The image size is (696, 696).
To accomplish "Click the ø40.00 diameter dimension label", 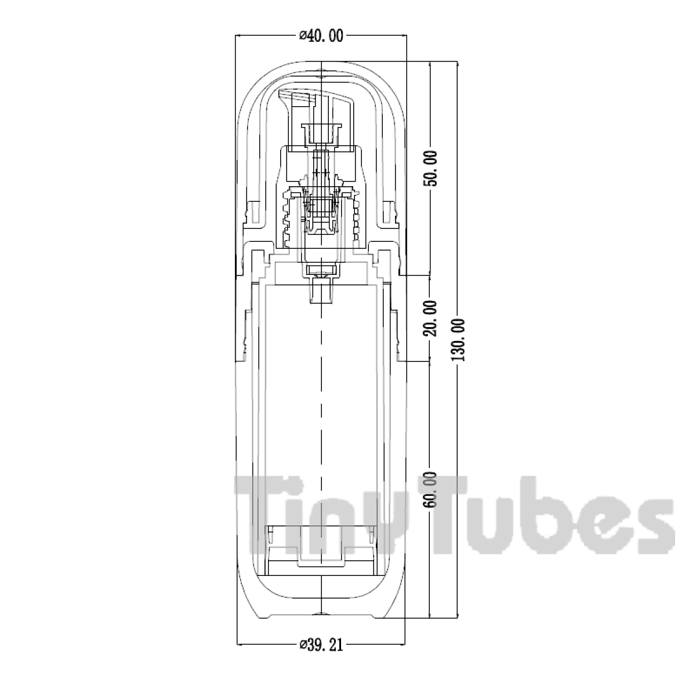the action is pos(321,36).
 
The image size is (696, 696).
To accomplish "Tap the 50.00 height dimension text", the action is pos(430,168).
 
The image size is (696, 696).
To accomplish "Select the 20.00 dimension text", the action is pos(430,318).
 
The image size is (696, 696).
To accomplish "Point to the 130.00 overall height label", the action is pos(458,340).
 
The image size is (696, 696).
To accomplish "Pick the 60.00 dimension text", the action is pos(430,490).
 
